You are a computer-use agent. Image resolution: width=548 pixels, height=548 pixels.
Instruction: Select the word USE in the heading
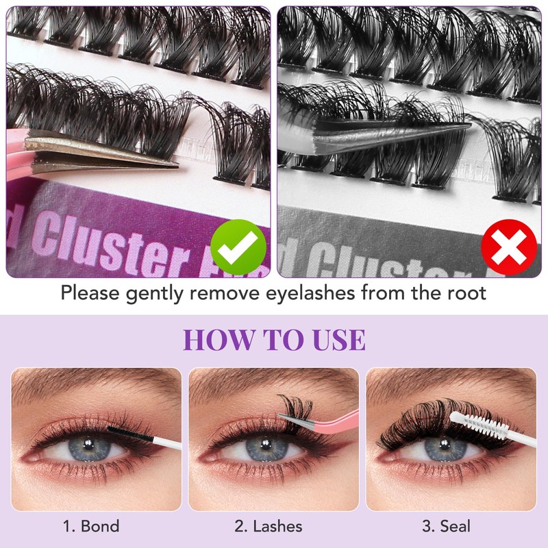tap(333, 340)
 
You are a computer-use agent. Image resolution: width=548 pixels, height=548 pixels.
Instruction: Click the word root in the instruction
tap(465, 294)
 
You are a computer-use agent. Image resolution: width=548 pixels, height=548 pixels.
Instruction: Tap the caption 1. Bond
tap(91, 526)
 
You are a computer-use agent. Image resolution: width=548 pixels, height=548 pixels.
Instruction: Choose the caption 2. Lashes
tap(269, 526)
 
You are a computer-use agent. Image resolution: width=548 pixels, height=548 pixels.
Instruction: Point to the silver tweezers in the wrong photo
tap(384, 134)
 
